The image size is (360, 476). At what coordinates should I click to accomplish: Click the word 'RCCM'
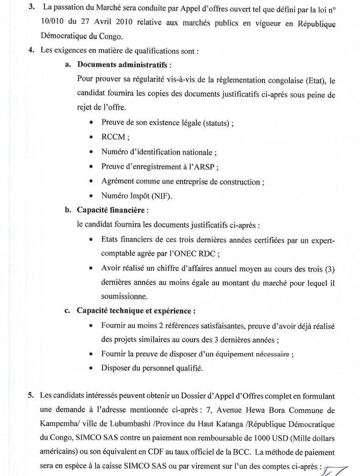tap(115, 137)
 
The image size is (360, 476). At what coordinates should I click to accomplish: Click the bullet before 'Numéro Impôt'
tap(91, 196)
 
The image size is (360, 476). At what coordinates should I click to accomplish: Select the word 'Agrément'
tap(117, 181)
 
